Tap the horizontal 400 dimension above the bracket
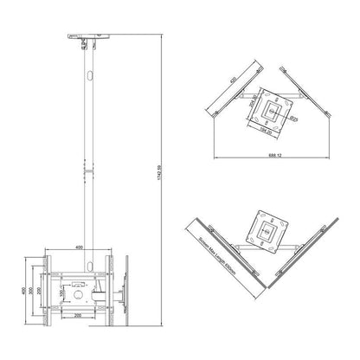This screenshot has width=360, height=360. [80, 247]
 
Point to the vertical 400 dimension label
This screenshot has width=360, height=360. [22, 290]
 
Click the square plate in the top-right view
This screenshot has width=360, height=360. [275, 110]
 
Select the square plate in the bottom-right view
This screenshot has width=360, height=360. [271, 229]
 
